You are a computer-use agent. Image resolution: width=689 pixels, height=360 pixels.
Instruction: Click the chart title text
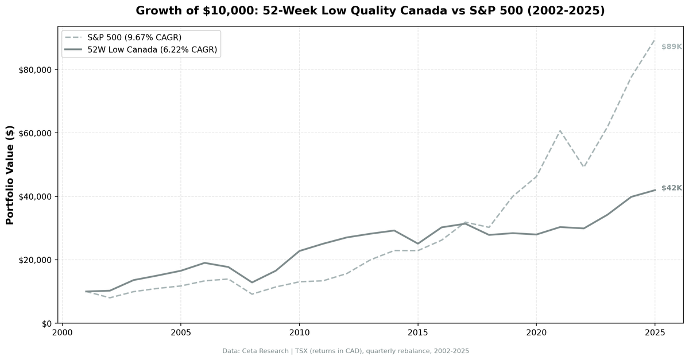(x=370, y=11)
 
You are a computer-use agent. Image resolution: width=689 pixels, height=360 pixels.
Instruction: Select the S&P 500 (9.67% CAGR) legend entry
(x=134, y=37)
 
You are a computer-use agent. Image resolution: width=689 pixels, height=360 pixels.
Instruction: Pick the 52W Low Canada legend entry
(x=152, y=50)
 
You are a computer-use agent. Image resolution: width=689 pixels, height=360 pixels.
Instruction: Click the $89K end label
(x=671, y=47)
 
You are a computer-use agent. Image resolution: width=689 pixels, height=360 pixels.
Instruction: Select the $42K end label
(x=671, y=188)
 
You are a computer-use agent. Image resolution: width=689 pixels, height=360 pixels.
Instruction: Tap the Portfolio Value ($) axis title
(x=10, y=175)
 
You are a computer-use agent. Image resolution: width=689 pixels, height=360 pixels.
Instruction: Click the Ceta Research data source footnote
(x=346, y=351)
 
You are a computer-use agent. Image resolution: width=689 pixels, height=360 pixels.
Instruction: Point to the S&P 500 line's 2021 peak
(x=560, y=131)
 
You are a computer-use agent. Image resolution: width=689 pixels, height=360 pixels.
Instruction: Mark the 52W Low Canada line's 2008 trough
(x=252, y=282)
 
